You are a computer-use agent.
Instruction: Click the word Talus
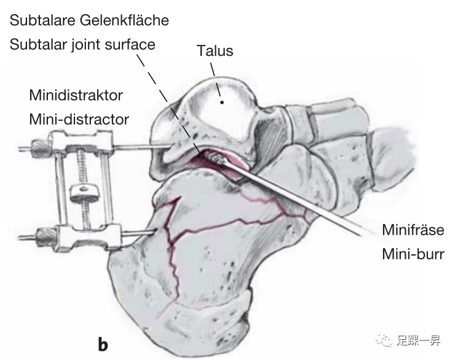click(x=215, y=50)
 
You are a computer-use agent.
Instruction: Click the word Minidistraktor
click(x=76, y=96)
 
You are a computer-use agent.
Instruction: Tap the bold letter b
click(x=103, y=344)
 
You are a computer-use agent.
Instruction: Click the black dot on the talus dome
click(x=223, y=101)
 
